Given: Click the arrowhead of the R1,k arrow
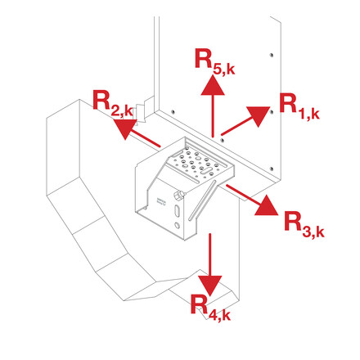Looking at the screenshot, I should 259,114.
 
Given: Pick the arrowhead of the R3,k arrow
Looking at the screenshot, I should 268,207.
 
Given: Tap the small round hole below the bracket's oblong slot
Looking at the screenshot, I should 179,232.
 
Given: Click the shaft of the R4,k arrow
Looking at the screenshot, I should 211,254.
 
